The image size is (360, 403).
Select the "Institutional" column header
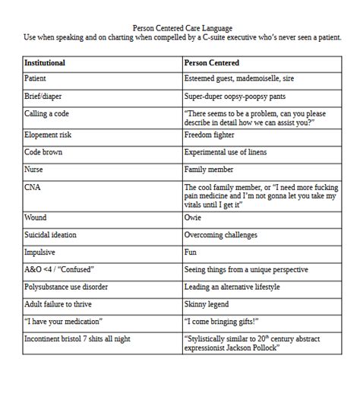click(x=45, y=62)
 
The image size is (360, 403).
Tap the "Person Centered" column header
click(x=212, y=62)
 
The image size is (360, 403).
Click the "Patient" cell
click(x=36, y=78)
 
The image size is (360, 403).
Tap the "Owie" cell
click(x=193, y=217)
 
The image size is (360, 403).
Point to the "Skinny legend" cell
click(x=208, y=304)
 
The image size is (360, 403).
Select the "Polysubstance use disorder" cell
click(x=66, y=287)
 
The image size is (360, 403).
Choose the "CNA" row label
click(x=33, y=186)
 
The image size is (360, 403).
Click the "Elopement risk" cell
click(x=49, y=135)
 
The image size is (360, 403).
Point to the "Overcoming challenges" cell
click(x=221, y=235)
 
